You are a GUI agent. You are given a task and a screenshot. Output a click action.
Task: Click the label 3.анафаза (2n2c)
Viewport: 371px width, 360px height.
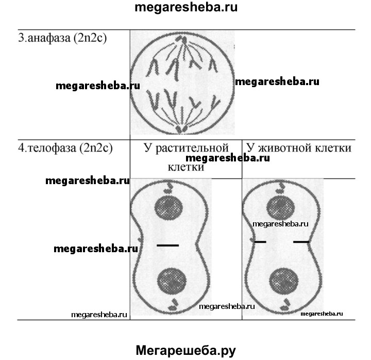point(62,38)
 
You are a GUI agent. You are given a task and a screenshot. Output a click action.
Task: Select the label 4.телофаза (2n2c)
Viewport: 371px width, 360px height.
point(65,148)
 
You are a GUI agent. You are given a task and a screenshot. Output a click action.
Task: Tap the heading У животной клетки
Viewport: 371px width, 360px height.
point(299,148)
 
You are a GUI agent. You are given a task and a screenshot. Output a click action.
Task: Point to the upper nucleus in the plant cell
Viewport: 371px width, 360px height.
point(168,208)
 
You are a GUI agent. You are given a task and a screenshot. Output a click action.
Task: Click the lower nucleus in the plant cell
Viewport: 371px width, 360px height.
point(172,281)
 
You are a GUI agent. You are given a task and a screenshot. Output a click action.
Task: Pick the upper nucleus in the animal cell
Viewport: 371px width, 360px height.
point(281,208)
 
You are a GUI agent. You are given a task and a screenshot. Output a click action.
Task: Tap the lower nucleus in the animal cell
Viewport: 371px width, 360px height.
point(284,281)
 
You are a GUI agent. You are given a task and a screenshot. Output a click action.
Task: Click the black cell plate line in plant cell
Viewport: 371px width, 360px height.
point(168,246)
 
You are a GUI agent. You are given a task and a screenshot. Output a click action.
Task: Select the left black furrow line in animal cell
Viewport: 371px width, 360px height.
point(260,242)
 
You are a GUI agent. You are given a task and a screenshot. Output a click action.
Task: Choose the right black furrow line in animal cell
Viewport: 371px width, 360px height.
point(301,242)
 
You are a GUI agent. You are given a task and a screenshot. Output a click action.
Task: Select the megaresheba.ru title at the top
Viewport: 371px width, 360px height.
point(186,7)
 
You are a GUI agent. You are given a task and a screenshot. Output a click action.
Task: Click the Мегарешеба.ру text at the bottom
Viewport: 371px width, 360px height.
point(186,350)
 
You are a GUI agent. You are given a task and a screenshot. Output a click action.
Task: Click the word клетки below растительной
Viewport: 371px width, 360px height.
point(186,167)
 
